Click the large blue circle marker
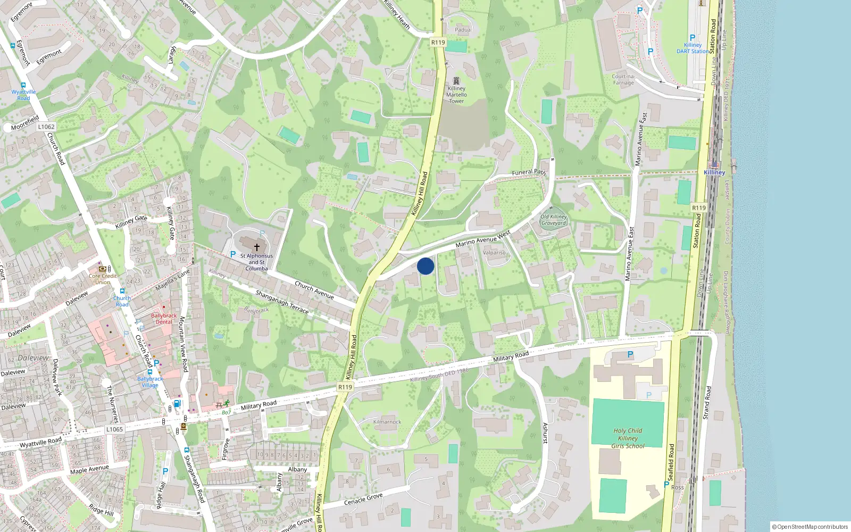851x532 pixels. point(425,266)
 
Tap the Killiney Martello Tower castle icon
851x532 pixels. point(456,81)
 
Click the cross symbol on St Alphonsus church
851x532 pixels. point(257,247)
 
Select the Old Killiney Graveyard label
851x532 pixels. point(554,220)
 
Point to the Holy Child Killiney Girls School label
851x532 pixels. point(628,438)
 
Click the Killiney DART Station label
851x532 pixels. point(693,48)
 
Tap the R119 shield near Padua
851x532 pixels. point(438,43)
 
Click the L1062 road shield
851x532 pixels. point(46,127)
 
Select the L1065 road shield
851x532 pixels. point(114,429)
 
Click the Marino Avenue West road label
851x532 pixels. point(482,240)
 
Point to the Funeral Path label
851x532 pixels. point(529,172)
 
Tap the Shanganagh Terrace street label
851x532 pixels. point(282,302)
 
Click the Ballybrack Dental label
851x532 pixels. point(164,319)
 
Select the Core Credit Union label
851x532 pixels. point(103,279)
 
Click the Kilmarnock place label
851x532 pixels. point(387,422)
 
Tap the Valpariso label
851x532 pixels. point(494,253)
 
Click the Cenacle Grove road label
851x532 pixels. point(363,499)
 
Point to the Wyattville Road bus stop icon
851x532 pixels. point(23,85)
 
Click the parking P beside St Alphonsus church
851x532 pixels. point(232,255)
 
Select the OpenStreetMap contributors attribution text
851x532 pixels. point(810,527)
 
